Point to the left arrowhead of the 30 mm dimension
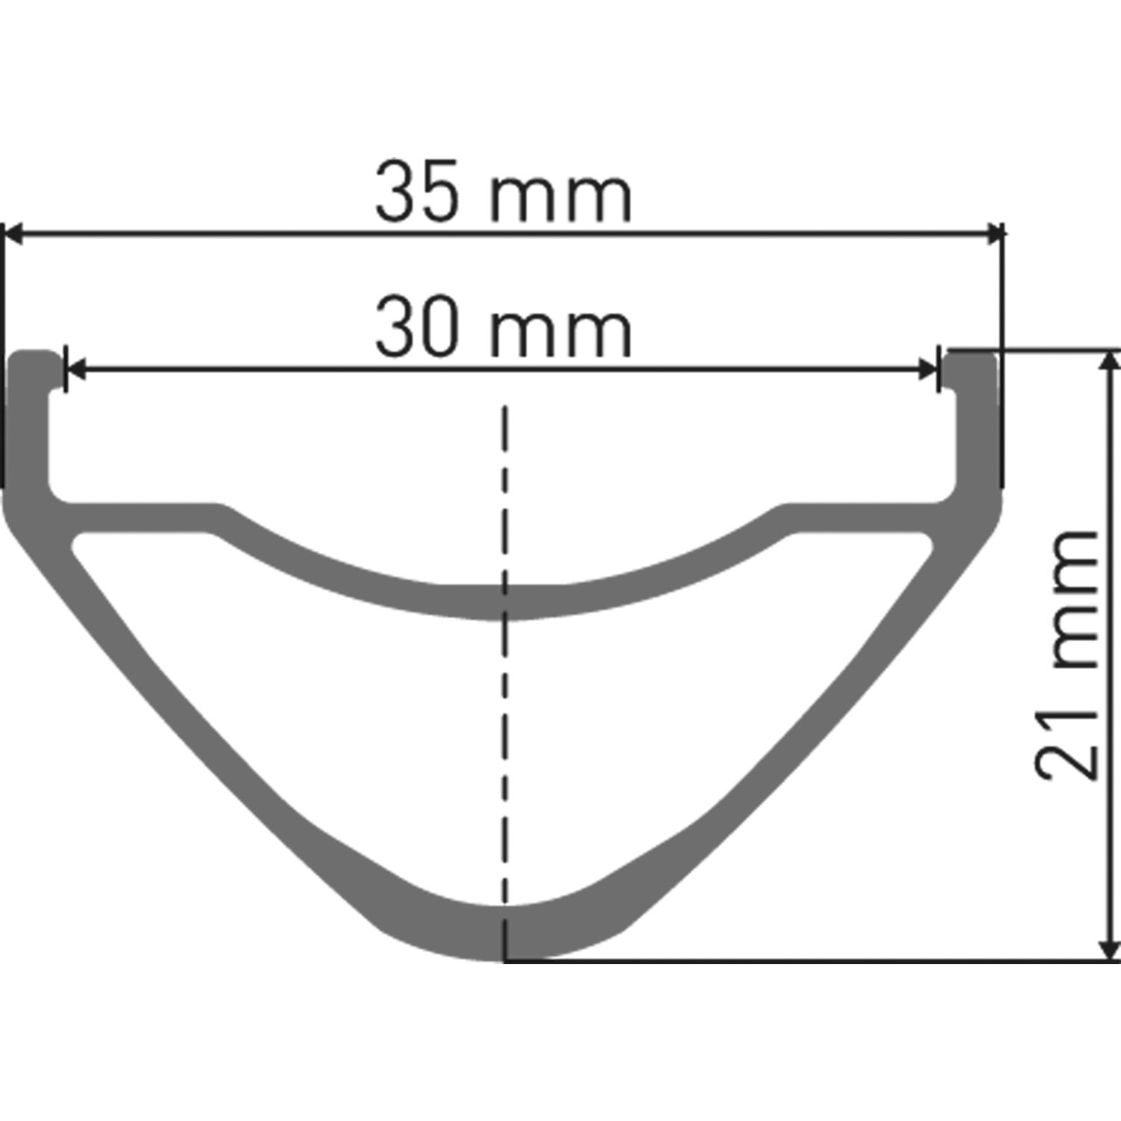coord(75,368)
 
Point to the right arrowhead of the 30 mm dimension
coord(928,368)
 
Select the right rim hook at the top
coord(970,366)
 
